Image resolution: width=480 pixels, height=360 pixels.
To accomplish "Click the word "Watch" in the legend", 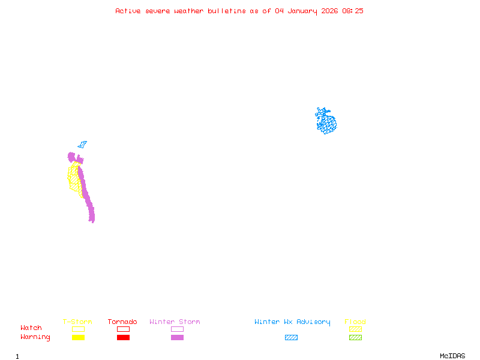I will point(31,328).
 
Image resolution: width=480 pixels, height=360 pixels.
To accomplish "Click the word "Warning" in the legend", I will point(35,337).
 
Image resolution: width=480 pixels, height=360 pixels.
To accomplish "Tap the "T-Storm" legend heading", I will point(77,322).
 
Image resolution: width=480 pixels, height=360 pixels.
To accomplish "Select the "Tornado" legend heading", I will point(122,322).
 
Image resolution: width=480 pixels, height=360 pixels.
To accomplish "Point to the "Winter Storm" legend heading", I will point(175,322).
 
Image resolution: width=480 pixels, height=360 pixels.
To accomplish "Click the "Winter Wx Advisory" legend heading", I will point(292,322).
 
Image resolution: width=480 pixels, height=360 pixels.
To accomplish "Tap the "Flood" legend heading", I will point(355,322).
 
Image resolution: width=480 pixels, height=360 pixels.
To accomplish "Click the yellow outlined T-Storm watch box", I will point(78,329).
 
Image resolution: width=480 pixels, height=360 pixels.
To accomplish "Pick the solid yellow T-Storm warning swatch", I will point(78,338).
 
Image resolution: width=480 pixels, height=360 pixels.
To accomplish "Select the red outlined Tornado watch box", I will point(123,329).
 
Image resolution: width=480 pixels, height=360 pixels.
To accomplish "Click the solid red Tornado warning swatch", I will point(123,338).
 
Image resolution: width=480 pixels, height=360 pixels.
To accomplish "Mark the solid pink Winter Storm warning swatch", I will point(177,338).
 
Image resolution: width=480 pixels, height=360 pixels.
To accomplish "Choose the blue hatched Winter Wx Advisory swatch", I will point(291,338).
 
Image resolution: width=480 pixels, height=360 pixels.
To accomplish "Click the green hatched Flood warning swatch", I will point(355,338).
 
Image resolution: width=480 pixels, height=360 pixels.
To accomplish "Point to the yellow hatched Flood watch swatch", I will point(355,329).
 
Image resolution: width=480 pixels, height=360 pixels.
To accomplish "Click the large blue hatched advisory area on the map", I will point(327,123).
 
